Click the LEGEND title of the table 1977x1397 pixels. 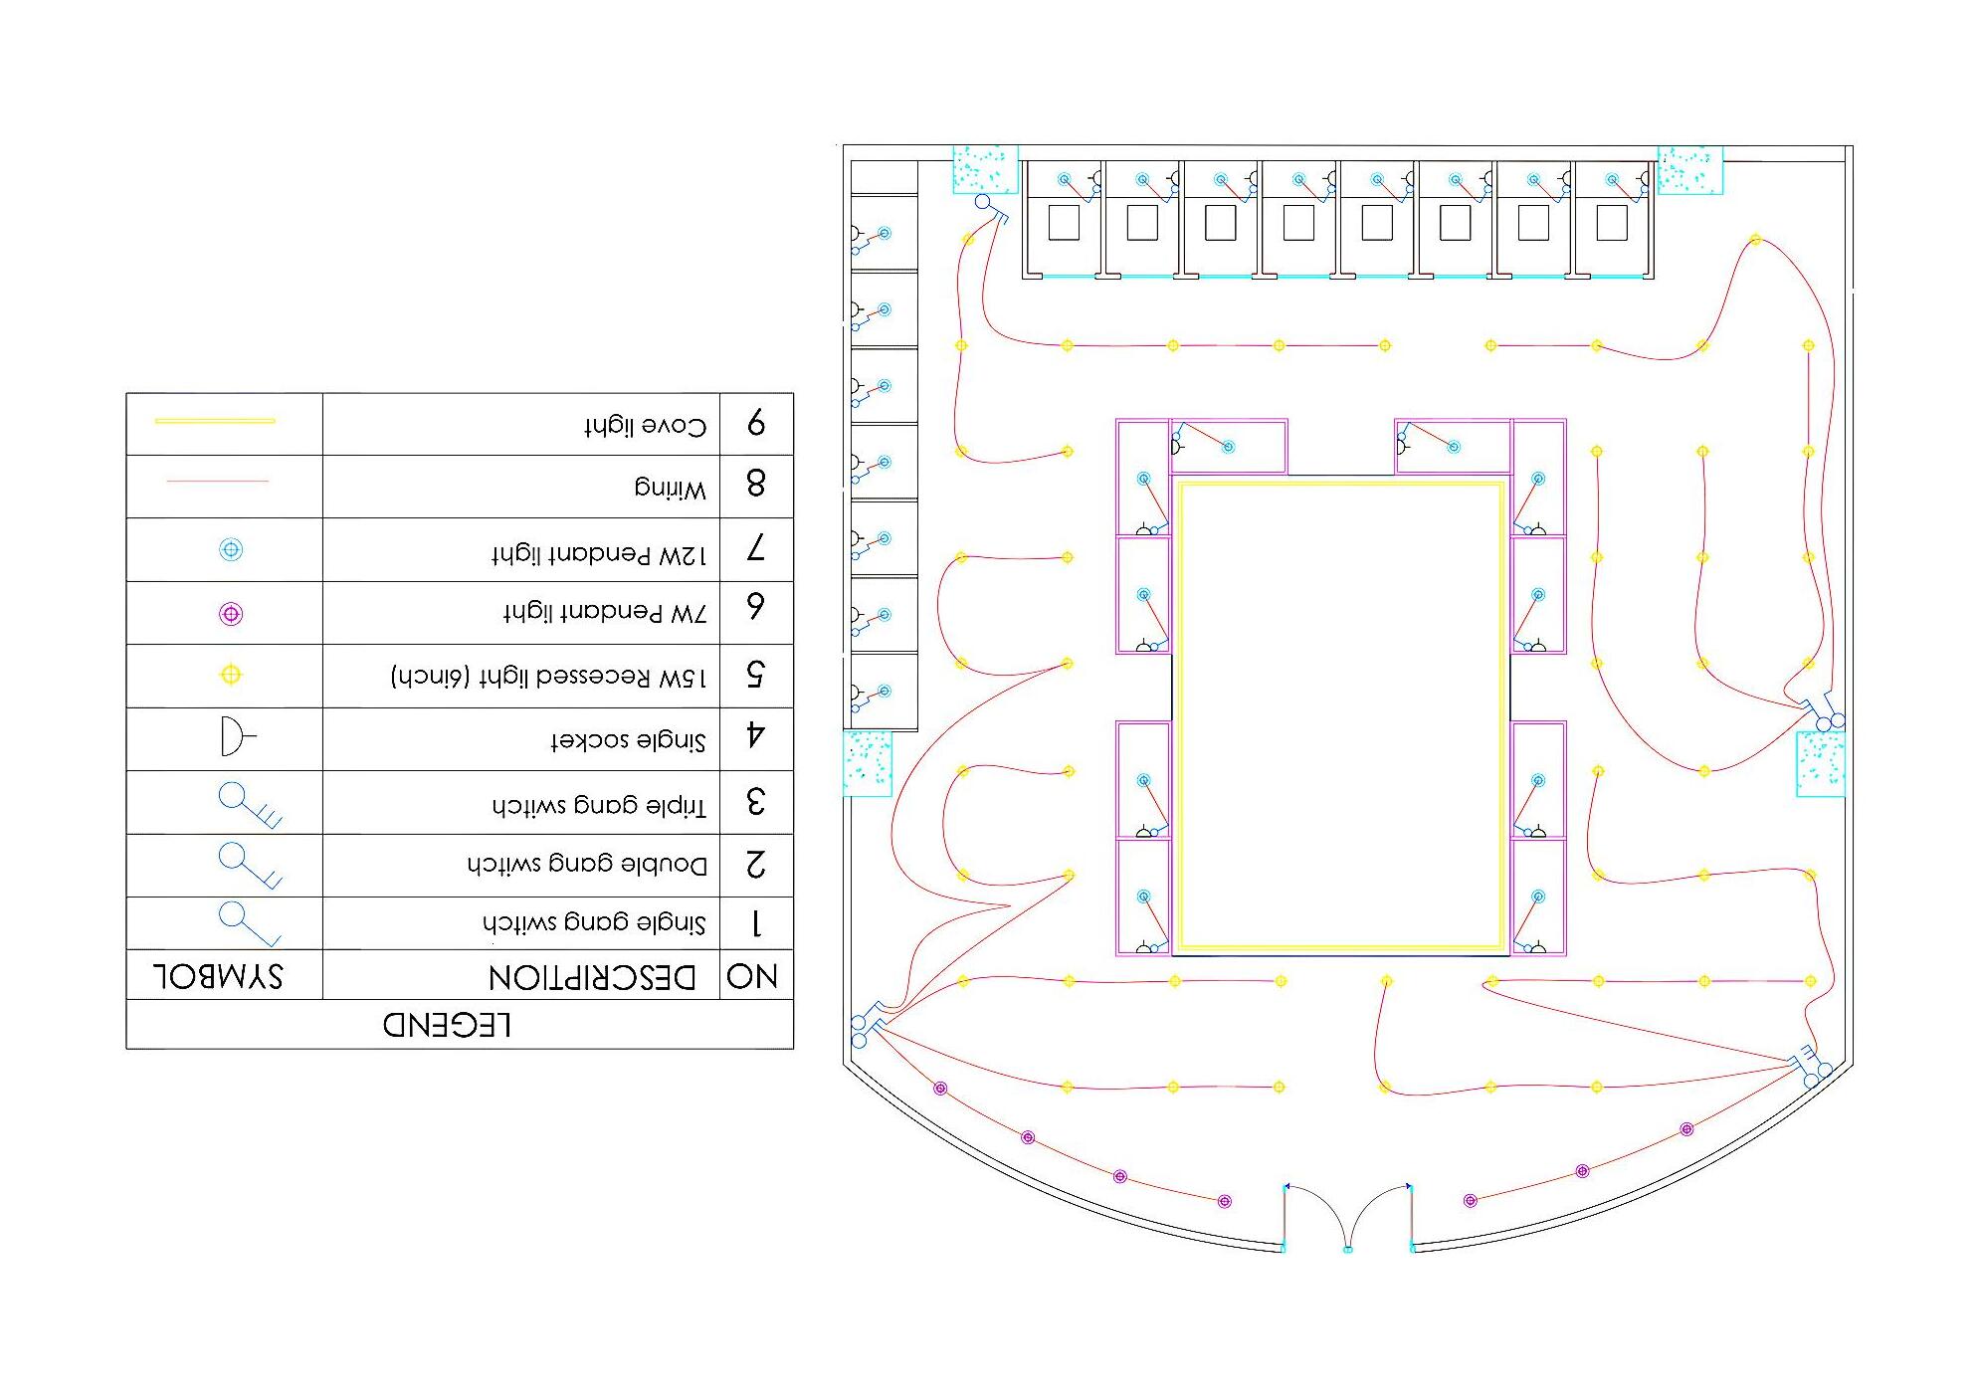[x=448, y=1025]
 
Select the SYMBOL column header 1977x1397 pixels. [x=219, y=976]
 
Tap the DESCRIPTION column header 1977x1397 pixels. [x=593, y=977]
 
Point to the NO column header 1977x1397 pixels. [x=752, y=976]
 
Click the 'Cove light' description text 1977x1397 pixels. [x=646, y=426]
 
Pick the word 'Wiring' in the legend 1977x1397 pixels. [x=671, y=489]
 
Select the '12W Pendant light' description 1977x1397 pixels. [x=599, y=554]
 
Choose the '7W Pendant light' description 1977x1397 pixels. [x=606, y=613]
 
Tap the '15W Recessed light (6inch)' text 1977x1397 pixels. [x=548, y=677]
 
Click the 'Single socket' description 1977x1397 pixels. [x=628, y=740]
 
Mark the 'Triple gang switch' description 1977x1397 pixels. [x=599, y=805]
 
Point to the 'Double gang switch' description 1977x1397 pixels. [x=587, y=864]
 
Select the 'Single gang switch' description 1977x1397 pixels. [x=594, y=923]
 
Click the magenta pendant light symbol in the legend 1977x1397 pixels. [x=231, y=614]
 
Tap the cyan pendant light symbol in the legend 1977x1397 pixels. [x=231, y=549]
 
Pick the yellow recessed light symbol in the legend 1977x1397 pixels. [x=231, y=676]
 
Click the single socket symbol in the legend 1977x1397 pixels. [x=235, y=737]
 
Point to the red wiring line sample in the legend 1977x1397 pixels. [x=218, y=482]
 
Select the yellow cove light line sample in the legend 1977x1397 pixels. [x=215, y=421]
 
